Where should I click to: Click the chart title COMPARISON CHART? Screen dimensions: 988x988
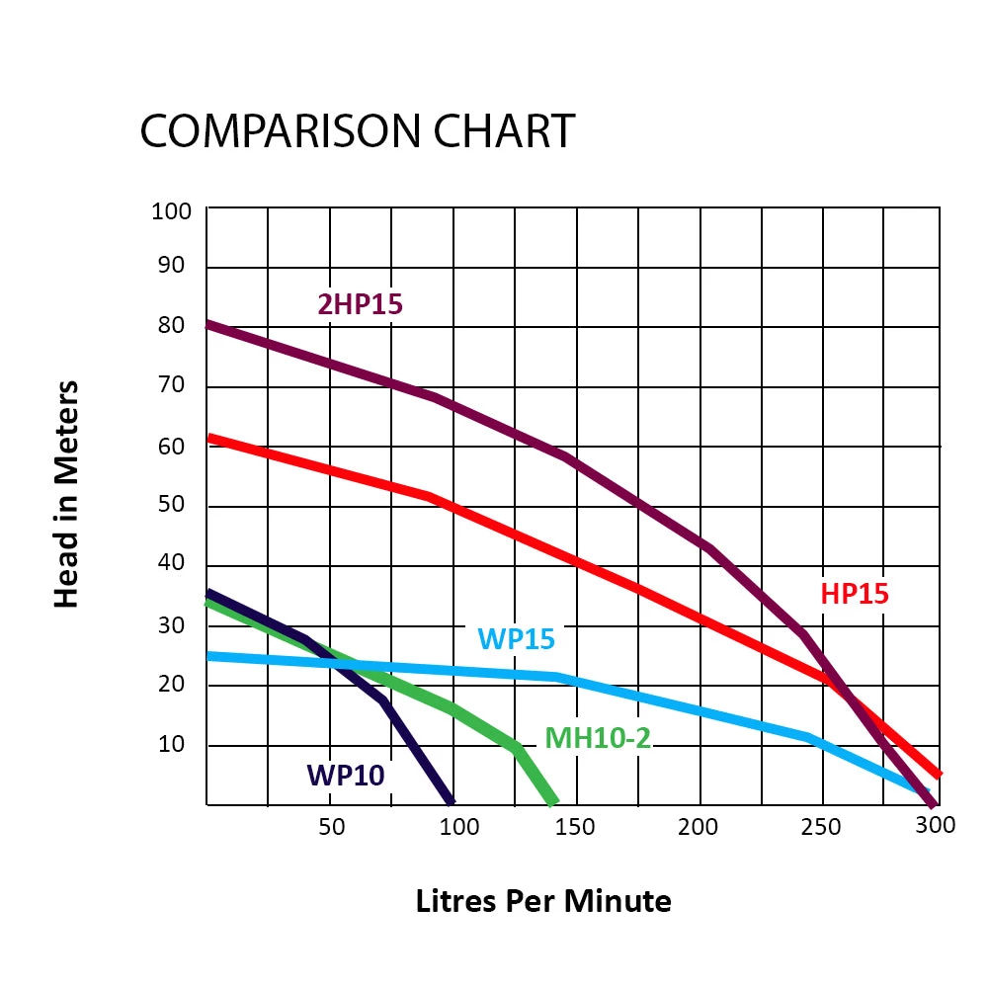357,131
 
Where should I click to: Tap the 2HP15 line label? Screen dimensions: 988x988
361,304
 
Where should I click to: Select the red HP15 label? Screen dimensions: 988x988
855,594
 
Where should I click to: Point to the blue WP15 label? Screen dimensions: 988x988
516,638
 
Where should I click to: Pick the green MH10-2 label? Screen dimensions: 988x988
598,737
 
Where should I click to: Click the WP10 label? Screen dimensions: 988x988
345,775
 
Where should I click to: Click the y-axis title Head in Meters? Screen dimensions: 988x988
66,493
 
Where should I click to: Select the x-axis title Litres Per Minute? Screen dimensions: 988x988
543,901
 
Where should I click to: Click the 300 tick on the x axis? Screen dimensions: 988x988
935,824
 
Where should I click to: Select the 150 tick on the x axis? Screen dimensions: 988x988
575,826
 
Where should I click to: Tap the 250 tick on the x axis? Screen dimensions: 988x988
821,826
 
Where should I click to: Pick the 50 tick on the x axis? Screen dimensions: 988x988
332,826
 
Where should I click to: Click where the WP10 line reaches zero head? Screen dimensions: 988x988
452,801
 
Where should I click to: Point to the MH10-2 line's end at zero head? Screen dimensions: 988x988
553,801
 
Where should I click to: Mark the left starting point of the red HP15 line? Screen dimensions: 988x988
208,437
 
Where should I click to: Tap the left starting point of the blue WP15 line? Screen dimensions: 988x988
208,655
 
